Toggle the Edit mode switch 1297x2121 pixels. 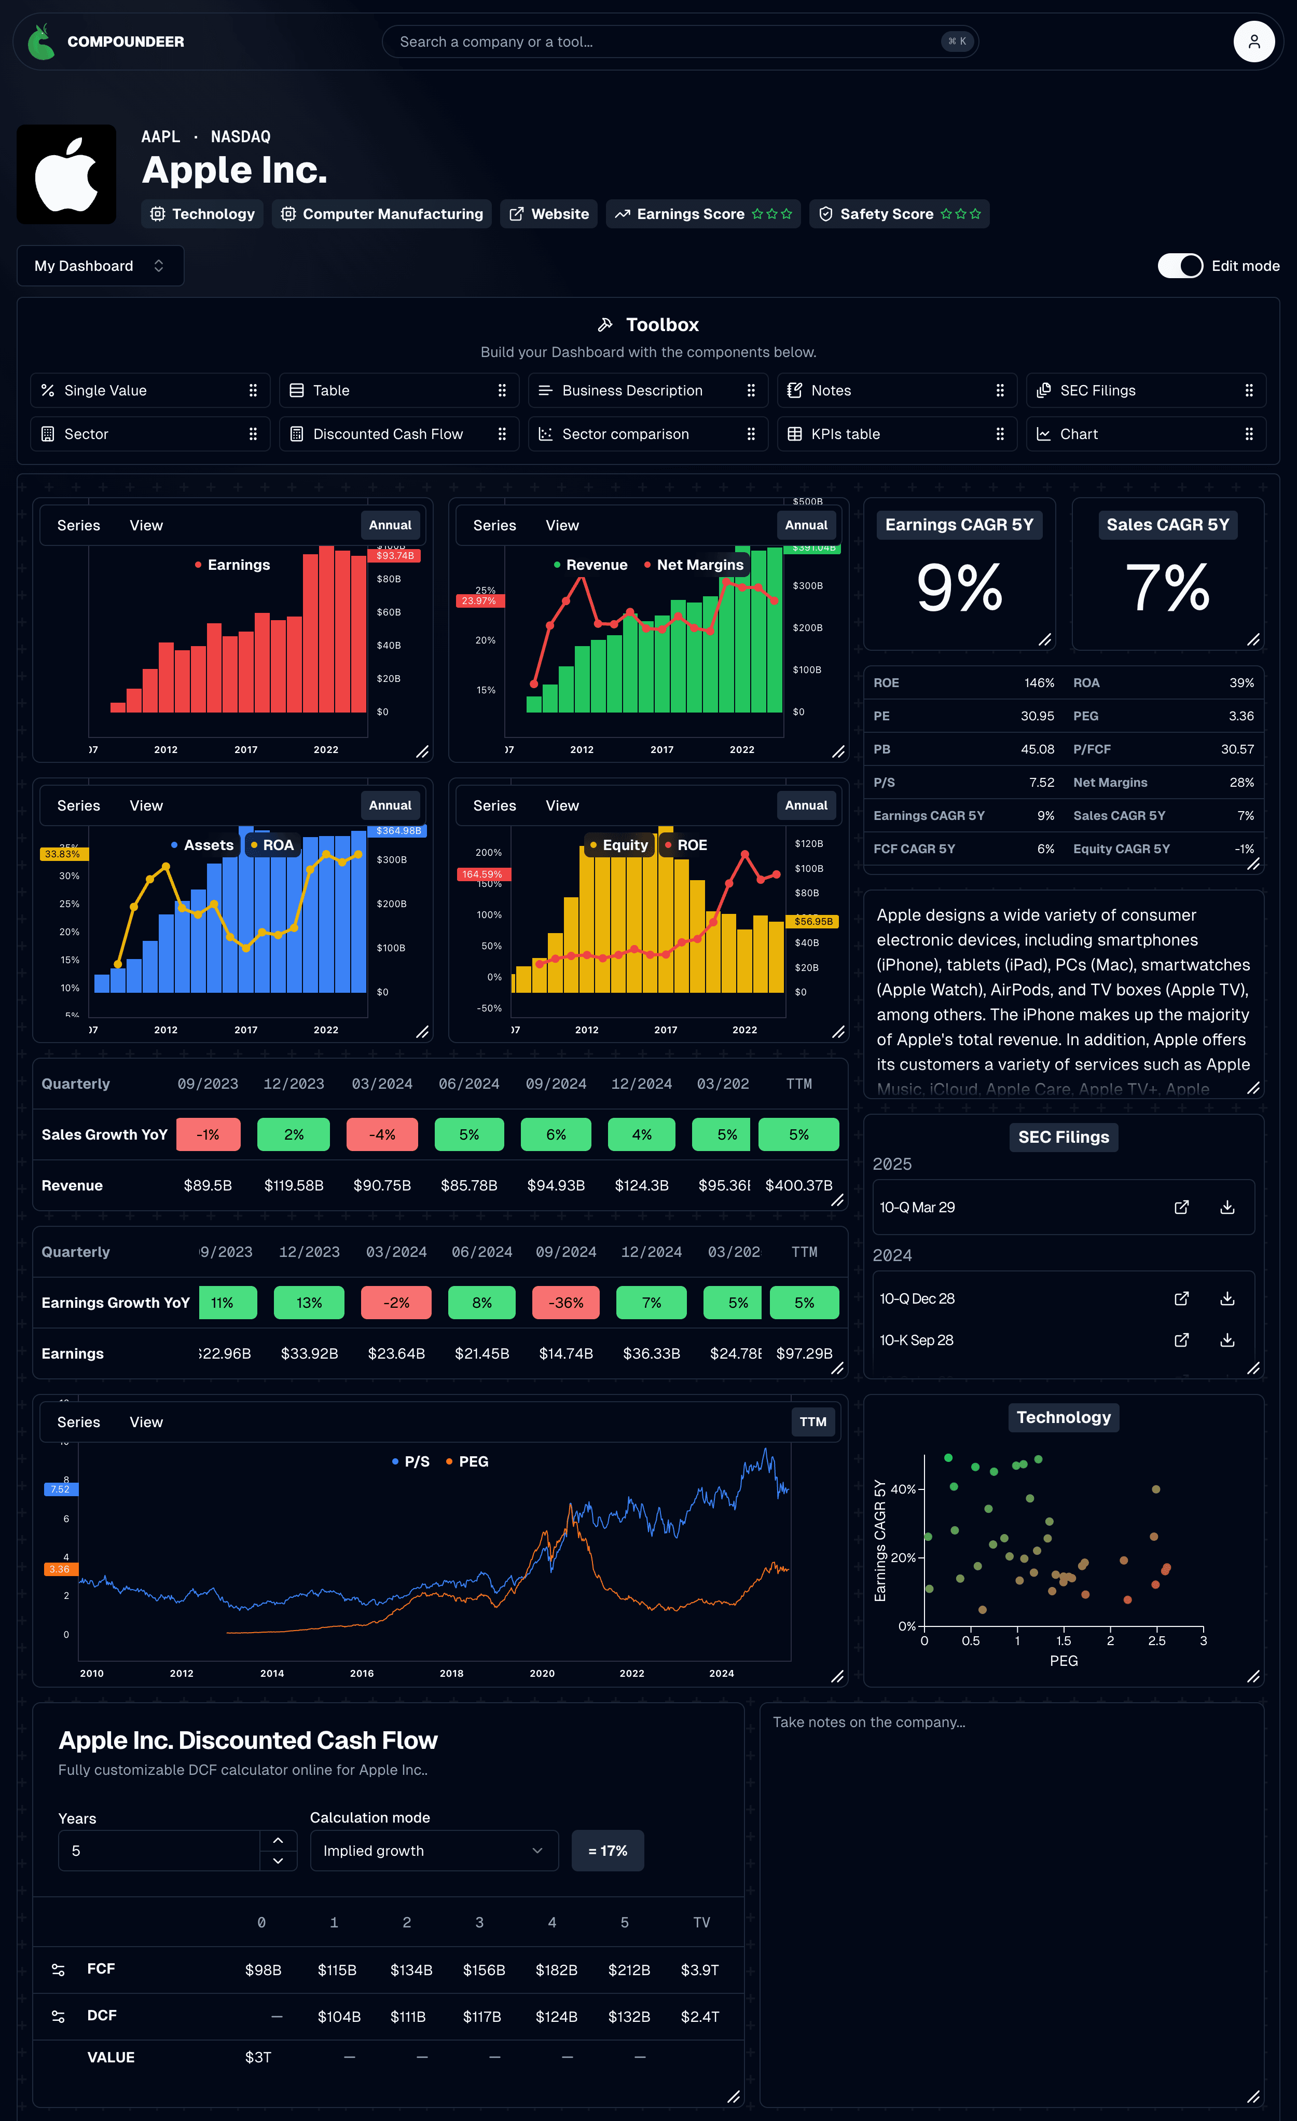point(1179,266)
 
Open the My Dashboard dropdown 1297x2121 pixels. point(100,266)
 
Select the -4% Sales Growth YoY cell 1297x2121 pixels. point(382,1134)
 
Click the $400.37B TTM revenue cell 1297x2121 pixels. point(798,1185)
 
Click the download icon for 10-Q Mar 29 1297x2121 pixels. point(1227,1207)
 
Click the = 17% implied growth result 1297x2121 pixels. point(608,1851)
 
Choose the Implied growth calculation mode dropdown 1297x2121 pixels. point(433,1851)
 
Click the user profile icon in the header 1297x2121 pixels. point(1253,42)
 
